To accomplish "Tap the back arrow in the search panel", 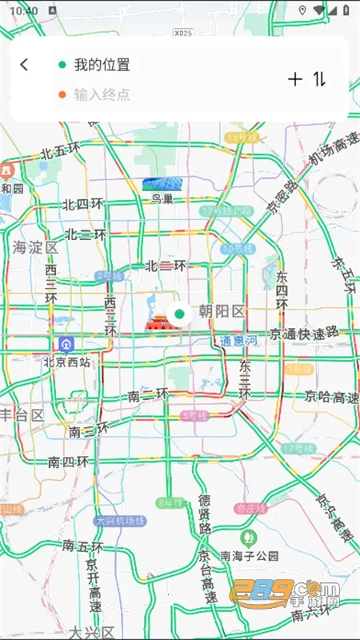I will (x=24, y=65).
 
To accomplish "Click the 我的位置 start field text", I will (x=102, y=65).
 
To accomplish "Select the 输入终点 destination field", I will (x=102, y=94).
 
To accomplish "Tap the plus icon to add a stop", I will (x=295, y=78).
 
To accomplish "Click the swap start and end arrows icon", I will (x=320, y=78).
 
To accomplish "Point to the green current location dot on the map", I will (x=179, y=314).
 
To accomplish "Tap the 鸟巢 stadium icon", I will (x=162, y=185).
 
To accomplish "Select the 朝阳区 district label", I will (x=221, y=311).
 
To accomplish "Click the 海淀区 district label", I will (x=35, y=247).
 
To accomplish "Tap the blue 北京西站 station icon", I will (x=66, y=345).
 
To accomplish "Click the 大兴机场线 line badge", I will (x=120, y=520).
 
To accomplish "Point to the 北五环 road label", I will (x=61, y=150).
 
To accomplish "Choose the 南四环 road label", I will (x=67, y=462).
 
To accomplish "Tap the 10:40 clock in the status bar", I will (x=25, y=10).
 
